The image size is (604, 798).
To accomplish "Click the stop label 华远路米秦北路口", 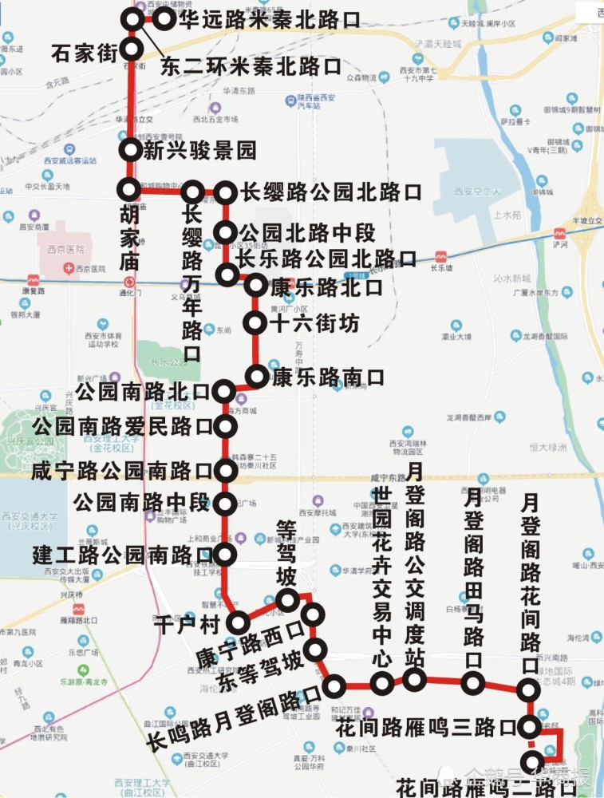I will coord(269,19).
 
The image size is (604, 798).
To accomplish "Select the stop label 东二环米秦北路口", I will coord(251,66).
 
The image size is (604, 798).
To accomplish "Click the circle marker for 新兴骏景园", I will coord(130,149).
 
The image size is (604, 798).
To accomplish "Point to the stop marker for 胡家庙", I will coord(128,190).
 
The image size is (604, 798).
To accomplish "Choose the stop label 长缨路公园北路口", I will coord(330,192).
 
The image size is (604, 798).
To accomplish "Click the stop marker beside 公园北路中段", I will coord(227,233).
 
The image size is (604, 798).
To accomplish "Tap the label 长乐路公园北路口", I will coord(327,259).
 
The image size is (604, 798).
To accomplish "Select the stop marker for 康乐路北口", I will coord(256,285).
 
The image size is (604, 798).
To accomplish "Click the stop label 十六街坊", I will coord(314,323).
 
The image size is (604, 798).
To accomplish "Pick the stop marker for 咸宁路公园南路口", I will coord(226,470).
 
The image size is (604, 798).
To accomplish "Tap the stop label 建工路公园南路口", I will coord(123,553).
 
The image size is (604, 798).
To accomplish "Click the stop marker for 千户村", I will coord(238,622).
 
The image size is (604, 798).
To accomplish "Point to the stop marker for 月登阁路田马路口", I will coord(473,682).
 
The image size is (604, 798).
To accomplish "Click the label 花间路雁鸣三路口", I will coord(426,728).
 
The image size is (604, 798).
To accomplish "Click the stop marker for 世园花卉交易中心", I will coord(383,682).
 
